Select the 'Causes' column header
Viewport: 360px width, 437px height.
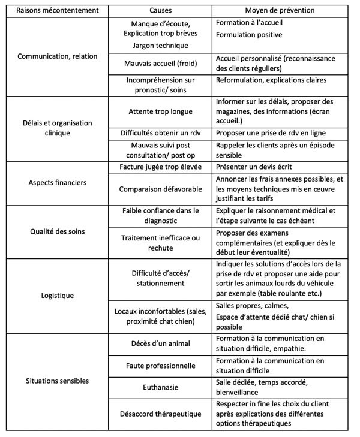pyautogui.click(x=160, y=11)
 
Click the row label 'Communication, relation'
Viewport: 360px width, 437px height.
pyautogui.click(x=58, y=56)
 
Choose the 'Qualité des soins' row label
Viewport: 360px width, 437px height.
pyautogui.click(x=58, y=232)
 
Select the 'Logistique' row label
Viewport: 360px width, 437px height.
pyautogui.click(x=58, y=296)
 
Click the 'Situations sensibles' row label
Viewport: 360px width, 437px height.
pyautogui.click(x=58, y=381)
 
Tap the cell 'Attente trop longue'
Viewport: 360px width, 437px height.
pyautogui.click(x=160, y=111)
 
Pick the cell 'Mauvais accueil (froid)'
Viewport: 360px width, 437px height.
pyautogui.click(x=160, y=62)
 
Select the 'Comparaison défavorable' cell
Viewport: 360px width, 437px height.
pyautogui.click(x=160, y=188)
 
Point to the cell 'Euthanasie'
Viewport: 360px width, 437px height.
pyautogui.click(x=160, y=388)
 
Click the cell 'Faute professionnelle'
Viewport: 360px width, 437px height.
pyautogui.click(x=160, y=365)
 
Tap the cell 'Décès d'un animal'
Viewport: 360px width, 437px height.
pyautogui.click(x=160, y=343)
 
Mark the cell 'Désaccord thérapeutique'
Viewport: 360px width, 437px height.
pyautogui.click(x=160, y=414)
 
